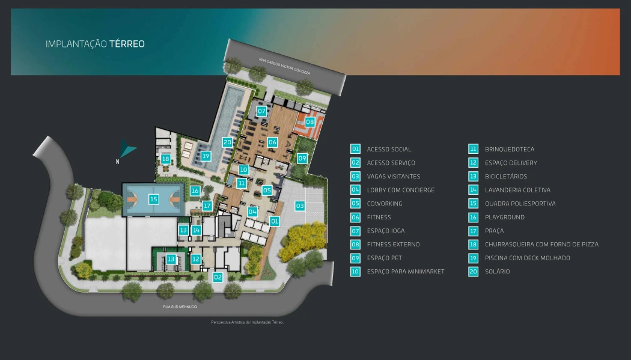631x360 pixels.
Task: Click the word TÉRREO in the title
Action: (127, 44)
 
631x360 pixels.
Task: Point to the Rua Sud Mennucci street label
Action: (180, 307)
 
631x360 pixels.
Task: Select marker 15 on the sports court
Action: (154, 199)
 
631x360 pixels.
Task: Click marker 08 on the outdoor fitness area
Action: (309, 122)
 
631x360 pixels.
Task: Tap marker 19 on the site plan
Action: (206, 156)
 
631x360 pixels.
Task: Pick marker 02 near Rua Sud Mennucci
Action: (218, 277)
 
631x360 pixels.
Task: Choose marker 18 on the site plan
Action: (165, 159)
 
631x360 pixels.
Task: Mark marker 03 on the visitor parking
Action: (299, 206)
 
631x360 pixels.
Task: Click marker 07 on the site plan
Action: (261, 111)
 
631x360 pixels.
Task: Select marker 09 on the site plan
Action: (302, 158)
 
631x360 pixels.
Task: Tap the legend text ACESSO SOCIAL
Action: (389, 149)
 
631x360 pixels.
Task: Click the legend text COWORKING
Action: (385, 204)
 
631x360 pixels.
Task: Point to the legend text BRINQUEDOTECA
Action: (509, 149)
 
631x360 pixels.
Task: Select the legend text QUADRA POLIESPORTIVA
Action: (520, 204)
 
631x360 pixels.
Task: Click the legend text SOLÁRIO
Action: (497, 272)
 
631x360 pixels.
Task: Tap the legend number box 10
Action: (355, 272)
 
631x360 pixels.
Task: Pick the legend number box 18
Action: (474, 245)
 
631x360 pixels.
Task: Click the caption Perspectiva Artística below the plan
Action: (246, 322)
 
